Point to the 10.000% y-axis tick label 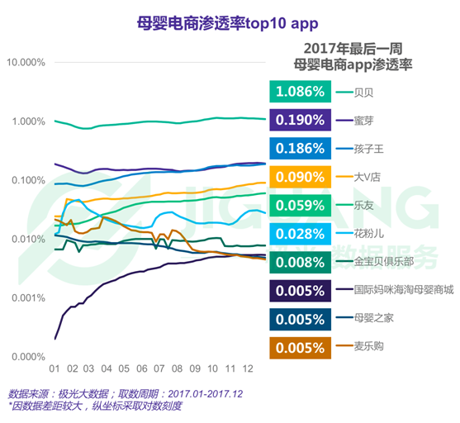[x=26, y=63]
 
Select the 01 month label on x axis [x=55, y=368]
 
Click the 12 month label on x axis [x=249, y=368]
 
